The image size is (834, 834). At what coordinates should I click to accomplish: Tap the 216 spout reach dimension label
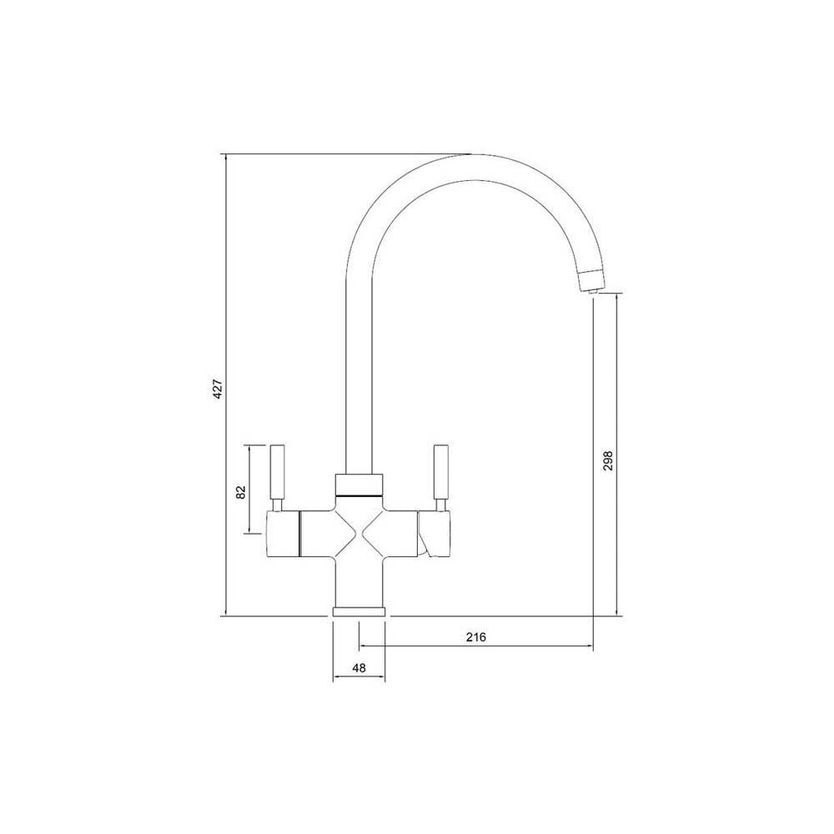click(x=475, y=637)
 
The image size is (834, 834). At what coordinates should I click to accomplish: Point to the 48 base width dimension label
click(x=359, y=668)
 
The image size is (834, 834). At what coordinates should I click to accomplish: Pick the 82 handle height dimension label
click(x=240, y=491)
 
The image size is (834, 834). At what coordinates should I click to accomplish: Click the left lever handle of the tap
click(x=278, y=473)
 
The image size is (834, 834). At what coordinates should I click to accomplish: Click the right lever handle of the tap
click(x=440, y=473)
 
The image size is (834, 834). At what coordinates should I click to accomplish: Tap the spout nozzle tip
click(x=588, y=283)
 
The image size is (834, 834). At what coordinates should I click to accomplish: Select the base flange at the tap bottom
click(x=359, y=611)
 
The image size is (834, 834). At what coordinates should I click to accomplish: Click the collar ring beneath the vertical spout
click(x=359, y=484)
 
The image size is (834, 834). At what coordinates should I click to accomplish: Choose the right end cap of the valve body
click(x=436, y=534)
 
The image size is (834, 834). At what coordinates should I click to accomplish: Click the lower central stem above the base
click(x=359, y=584)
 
